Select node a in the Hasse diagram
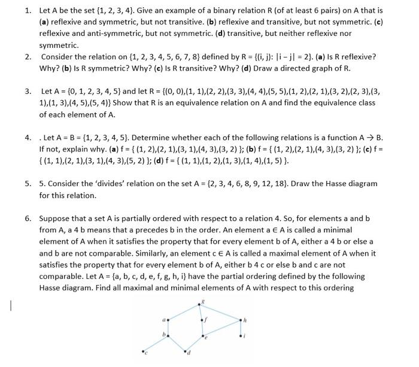[168, 320]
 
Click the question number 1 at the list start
[28, 11]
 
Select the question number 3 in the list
[28, 92]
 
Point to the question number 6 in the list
[28, 219]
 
